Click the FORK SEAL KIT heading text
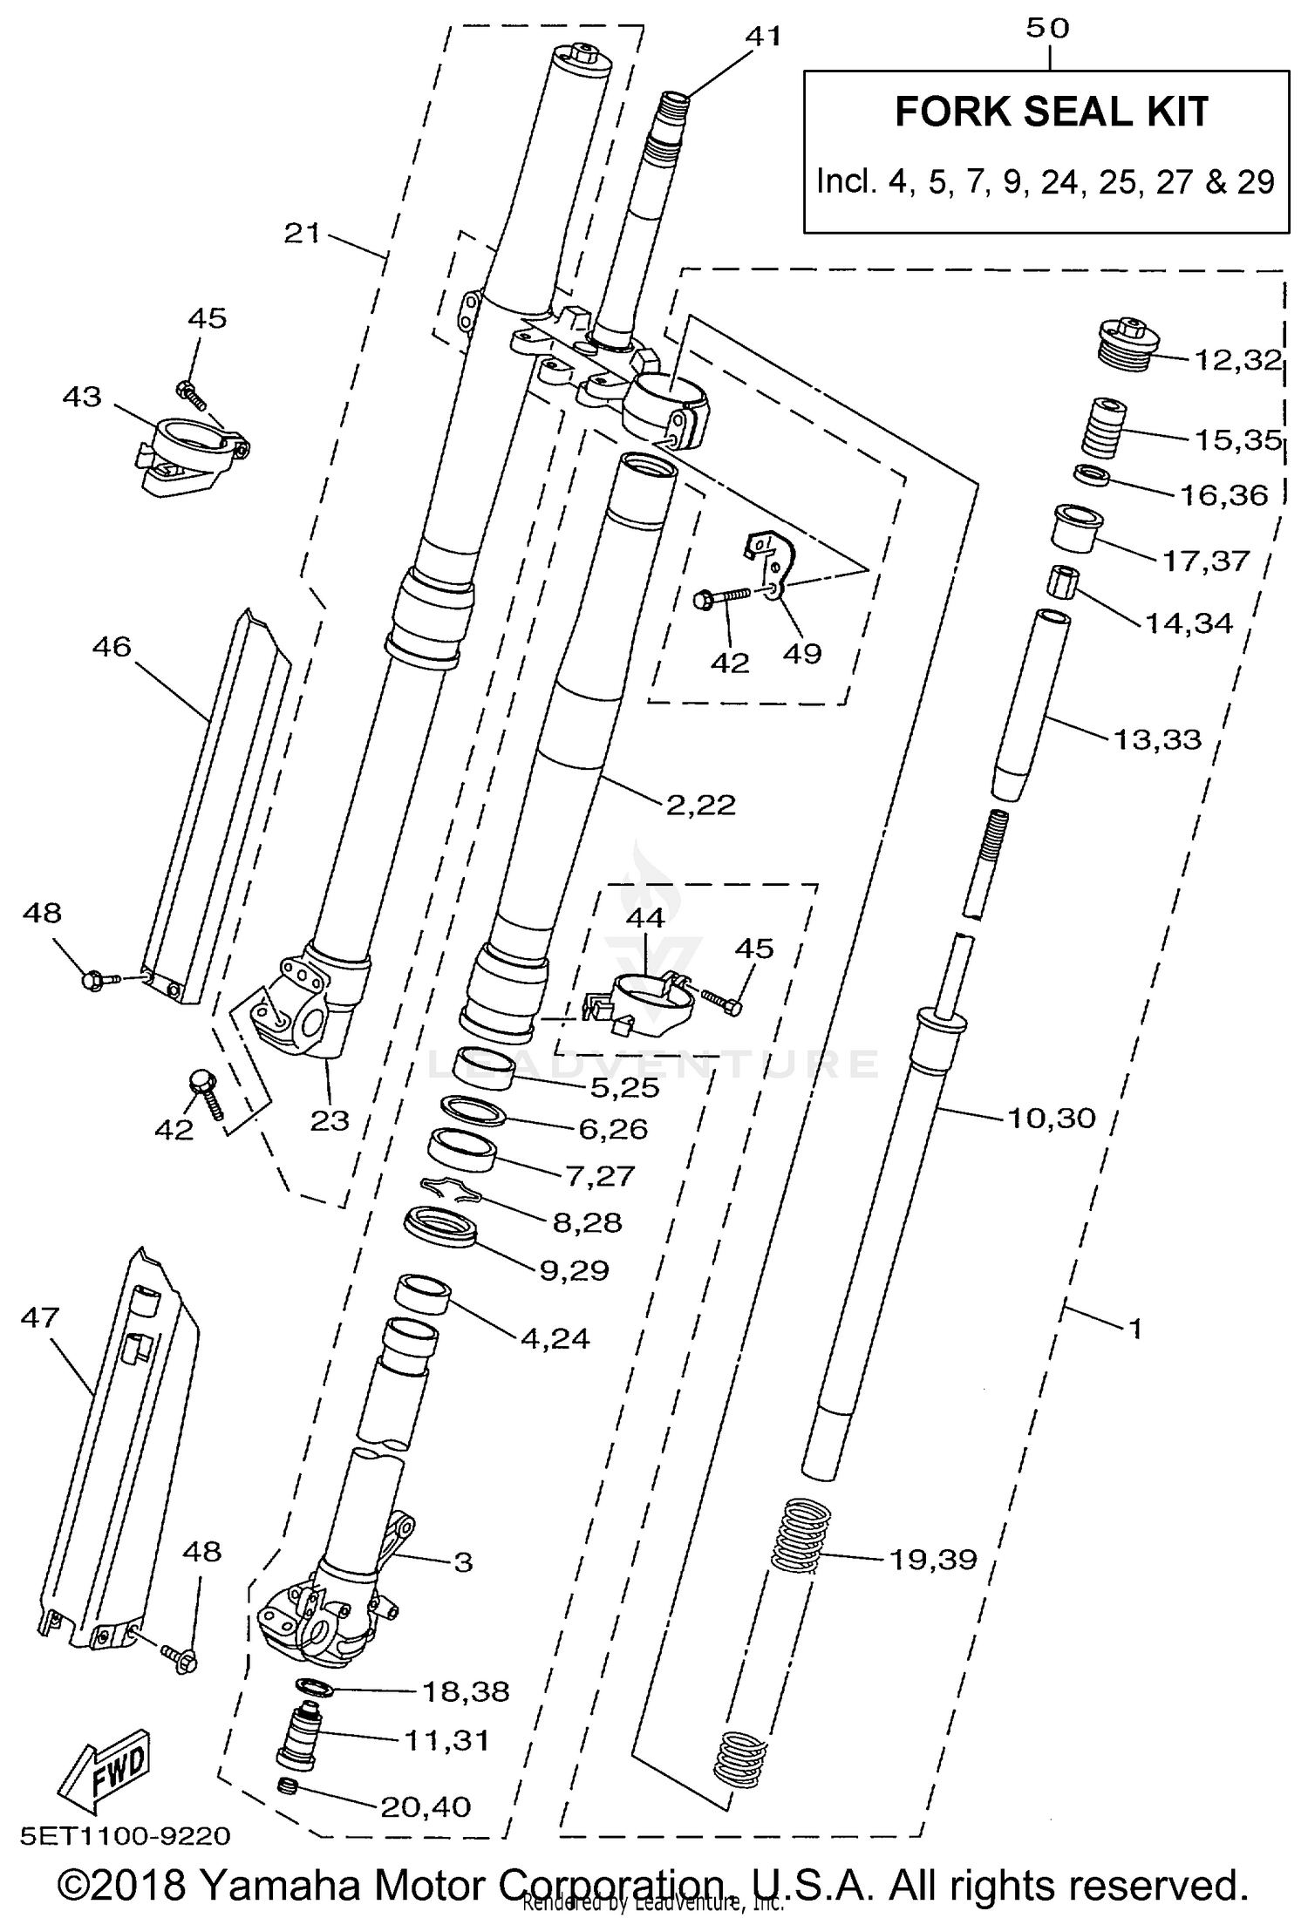[1052, 112]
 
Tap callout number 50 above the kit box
[1047, 28]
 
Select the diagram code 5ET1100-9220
[126, 1836]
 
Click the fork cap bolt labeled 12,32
[1127, 345]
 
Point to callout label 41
[764, 37]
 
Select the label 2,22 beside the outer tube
[700, 804]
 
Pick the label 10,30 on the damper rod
[1051, 1117]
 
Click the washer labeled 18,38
[315, 1686]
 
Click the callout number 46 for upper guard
[111, 646]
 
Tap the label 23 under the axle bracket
[329, 1120]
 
